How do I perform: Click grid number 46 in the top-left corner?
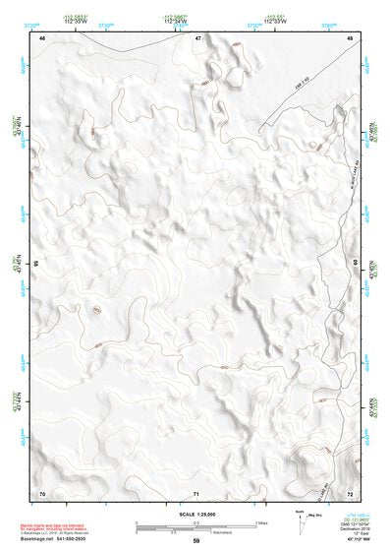click(42, 37)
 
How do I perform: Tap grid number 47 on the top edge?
click(197, 37)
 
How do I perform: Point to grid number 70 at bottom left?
click(42, 491)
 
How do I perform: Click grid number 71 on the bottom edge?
click(197, 492)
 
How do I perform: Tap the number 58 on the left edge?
click(36, 264)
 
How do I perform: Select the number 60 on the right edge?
click(356, 264)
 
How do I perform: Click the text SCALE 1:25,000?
click(195, 514)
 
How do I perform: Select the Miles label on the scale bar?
click(259, 521)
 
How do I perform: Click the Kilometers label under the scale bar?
click(207, 528)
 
